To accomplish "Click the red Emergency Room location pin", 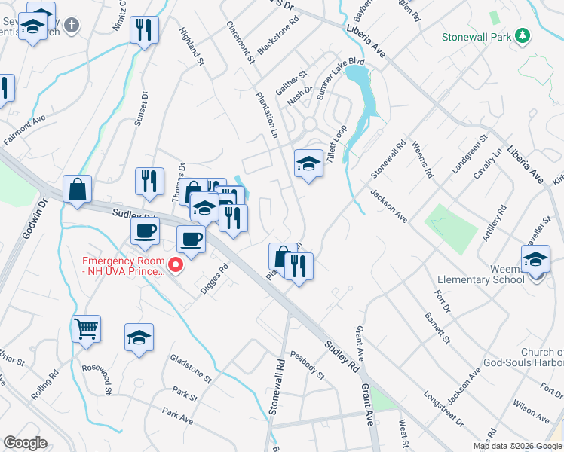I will (x=176, y=264).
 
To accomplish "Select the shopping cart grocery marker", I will (x=86, y=328).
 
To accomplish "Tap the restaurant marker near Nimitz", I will (x=144, y=30).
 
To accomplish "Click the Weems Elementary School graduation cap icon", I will (x=535, y=259).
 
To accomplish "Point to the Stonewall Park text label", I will (x=476, y=36).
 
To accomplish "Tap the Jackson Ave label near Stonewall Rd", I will (x=388, y=206).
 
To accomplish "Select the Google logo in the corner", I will (x=25, y=443).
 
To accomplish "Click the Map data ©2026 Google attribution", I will (x=517, y=446).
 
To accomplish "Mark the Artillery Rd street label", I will (x=492, y=224).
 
